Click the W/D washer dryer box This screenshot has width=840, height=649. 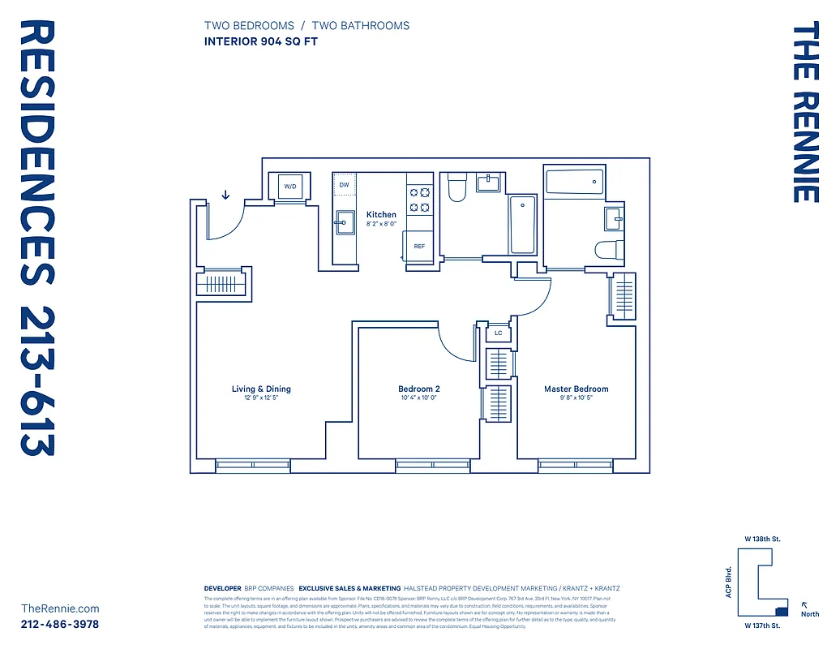pyautogui.click(x=289, y=187)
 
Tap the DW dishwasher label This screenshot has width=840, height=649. pyautogui.click(x=344, y=186)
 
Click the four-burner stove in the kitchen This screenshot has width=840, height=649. pyautogui.click(x=419, y=200)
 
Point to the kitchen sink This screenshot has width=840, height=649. pyautogui.click(x=345, y=221)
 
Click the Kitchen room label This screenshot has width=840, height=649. pyautogui.click(x=381, y=215)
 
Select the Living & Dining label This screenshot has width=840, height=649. pyautogui.click(x=261, y=389)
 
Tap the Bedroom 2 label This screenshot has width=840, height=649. pyautogui.click(x=419, y=389)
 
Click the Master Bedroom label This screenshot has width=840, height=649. pyautogui.click(x=576, y=389)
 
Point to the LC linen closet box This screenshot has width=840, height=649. pyautogui.click(x=498, y=333)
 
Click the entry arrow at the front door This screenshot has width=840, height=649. pyautogui.click(x=225, y=195)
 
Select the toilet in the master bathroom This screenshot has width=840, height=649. pyautogui.click(x=609, y=250)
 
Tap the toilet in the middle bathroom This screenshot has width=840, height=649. pyautogui.click(x=456, y=189)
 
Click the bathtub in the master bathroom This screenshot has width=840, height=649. pyautogui.click(x=574, y=183)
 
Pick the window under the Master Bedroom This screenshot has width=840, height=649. pyautogui.click(x=575, y=466)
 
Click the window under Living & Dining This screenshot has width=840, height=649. pyautogui.click(x=252, y=466)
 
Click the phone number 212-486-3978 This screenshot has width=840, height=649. pyautogui.click(x=60, y=624)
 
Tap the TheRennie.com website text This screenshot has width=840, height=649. pyautogui.click(x=60, y=608)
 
